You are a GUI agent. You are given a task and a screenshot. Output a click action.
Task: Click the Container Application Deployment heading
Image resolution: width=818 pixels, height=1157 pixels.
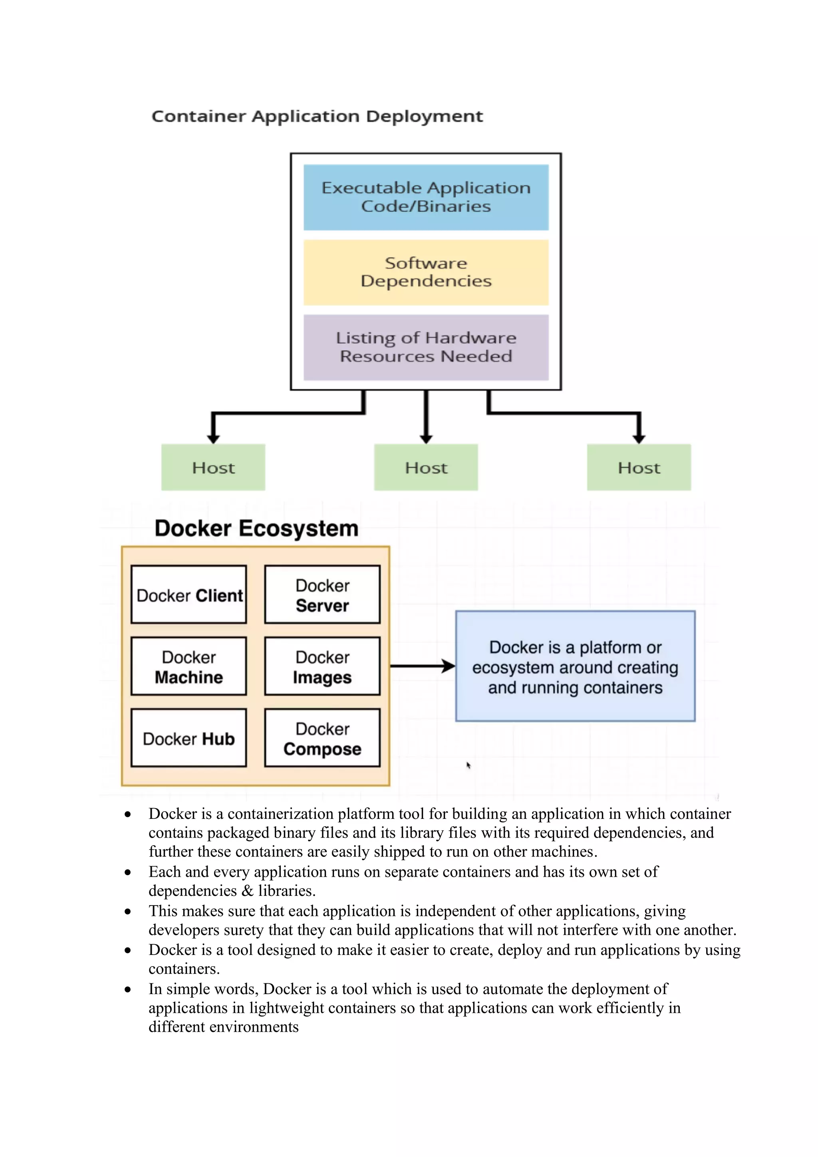[x=317, y=117]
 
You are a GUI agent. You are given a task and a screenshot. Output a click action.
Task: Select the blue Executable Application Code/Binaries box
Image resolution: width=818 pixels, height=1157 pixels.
[x=426, y=197]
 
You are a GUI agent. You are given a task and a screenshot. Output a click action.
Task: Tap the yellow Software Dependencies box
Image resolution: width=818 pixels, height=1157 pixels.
[x=426, y=272]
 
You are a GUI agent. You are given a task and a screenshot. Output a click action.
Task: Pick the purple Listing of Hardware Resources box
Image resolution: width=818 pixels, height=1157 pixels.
[x=426, y=347]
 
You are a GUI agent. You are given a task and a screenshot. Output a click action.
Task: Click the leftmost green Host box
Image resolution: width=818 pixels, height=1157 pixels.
[x=213, y=467]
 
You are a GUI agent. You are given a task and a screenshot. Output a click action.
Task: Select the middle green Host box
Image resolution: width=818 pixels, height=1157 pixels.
[x=426, y=467]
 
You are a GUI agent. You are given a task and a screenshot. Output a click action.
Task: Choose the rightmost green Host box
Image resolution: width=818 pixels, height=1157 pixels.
[x=639, y=467]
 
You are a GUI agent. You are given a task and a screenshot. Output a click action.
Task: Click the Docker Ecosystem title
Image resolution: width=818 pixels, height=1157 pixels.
[x=256, y=529]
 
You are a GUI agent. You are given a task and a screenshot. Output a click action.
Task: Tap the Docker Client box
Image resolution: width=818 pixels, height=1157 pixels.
[x=189, y=594]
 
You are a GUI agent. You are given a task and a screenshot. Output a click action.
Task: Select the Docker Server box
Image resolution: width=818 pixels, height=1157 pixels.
[x=322, y=594]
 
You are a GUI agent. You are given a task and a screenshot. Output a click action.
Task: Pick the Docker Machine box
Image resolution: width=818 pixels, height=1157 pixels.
[x=189, y=666]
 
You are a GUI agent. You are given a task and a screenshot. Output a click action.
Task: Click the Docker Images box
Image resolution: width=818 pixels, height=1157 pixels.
[x=322, y=666]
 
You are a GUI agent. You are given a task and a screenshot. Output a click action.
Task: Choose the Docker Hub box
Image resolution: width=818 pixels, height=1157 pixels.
[x=189, y=738]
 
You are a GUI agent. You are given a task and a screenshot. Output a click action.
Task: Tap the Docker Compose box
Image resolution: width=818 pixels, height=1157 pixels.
[x=322, y=738]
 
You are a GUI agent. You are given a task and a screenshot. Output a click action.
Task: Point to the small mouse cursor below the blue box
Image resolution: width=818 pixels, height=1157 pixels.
[x=468, y=765]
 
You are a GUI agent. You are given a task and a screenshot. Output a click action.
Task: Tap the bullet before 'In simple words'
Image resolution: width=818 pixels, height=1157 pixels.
[x=128, y=990]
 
